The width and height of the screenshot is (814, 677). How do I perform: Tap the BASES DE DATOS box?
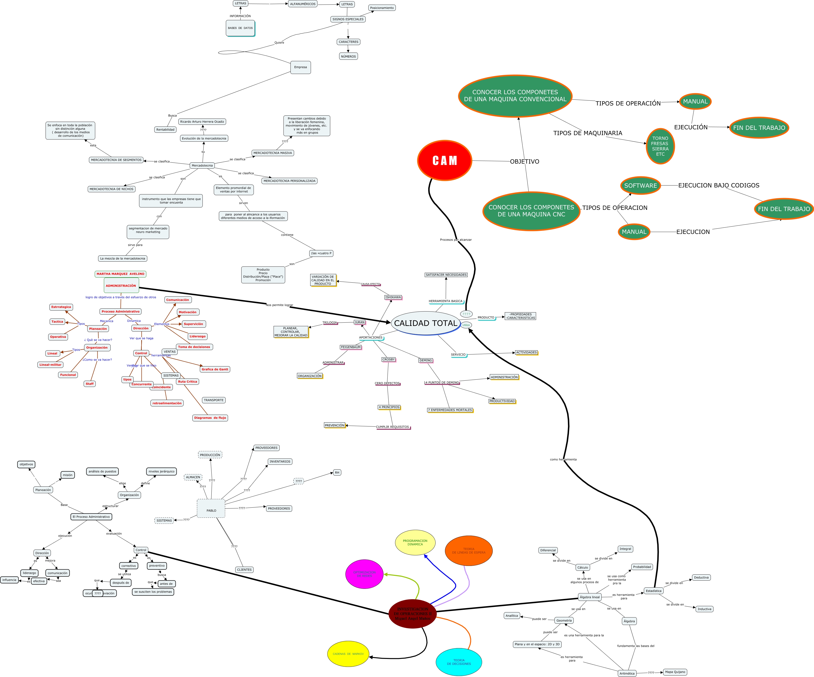(240, 28)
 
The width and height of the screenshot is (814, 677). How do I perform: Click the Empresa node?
(300, 67)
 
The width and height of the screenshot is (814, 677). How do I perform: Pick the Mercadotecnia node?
(202, 166)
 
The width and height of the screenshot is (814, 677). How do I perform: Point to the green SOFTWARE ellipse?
(640, 186)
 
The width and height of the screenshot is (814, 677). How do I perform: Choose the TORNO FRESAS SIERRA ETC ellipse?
(660, 146)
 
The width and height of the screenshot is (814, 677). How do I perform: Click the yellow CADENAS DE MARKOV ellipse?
(348, 654)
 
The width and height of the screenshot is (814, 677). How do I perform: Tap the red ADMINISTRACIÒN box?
(121, 285)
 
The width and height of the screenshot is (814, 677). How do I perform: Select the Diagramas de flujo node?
(210, 418)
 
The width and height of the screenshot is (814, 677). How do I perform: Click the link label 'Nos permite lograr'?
(279, 305)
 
